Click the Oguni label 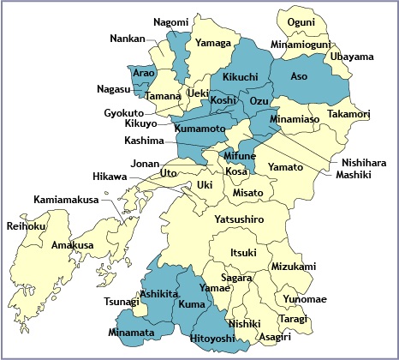coord(301,22)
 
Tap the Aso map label coord(299,76)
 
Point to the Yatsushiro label coord(239,220)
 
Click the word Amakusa coord(72,245)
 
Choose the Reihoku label coord(25,226)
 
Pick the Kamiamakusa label coord(63,200)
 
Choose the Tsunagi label coord(121,302)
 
